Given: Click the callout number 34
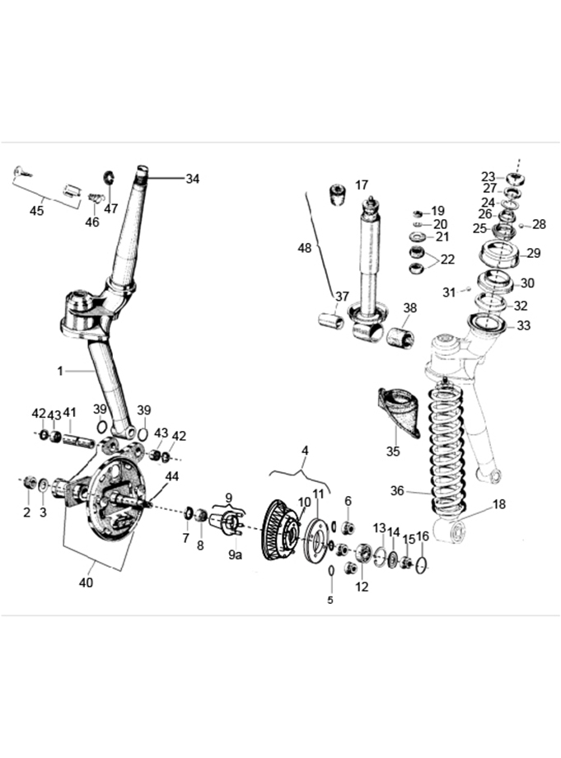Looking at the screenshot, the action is click(192, 179).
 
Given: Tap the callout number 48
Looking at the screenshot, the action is click(305, 248).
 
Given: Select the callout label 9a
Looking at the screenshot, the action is click(236, 555).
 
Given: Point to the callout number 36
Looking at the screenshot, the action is click(397, 491).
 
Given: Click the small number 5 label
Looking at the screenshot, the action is click(330, 600).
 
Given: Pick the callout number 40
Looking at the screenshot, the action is click(86, 583).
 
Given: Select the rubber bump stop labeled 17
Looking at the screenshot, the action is click(339, 194).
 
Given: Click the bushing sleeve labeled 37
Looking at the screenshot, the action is click(331, 321).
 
